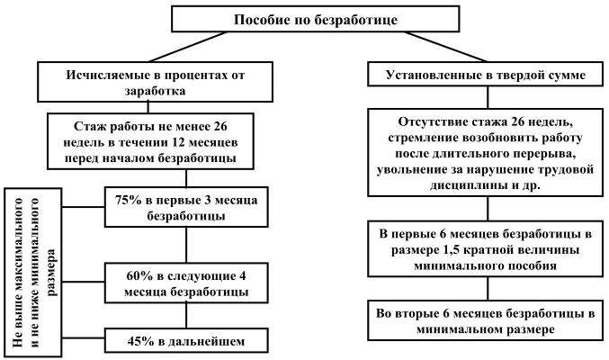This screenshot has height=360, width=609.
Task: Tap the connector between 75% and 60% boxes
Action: pos(185,243)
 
